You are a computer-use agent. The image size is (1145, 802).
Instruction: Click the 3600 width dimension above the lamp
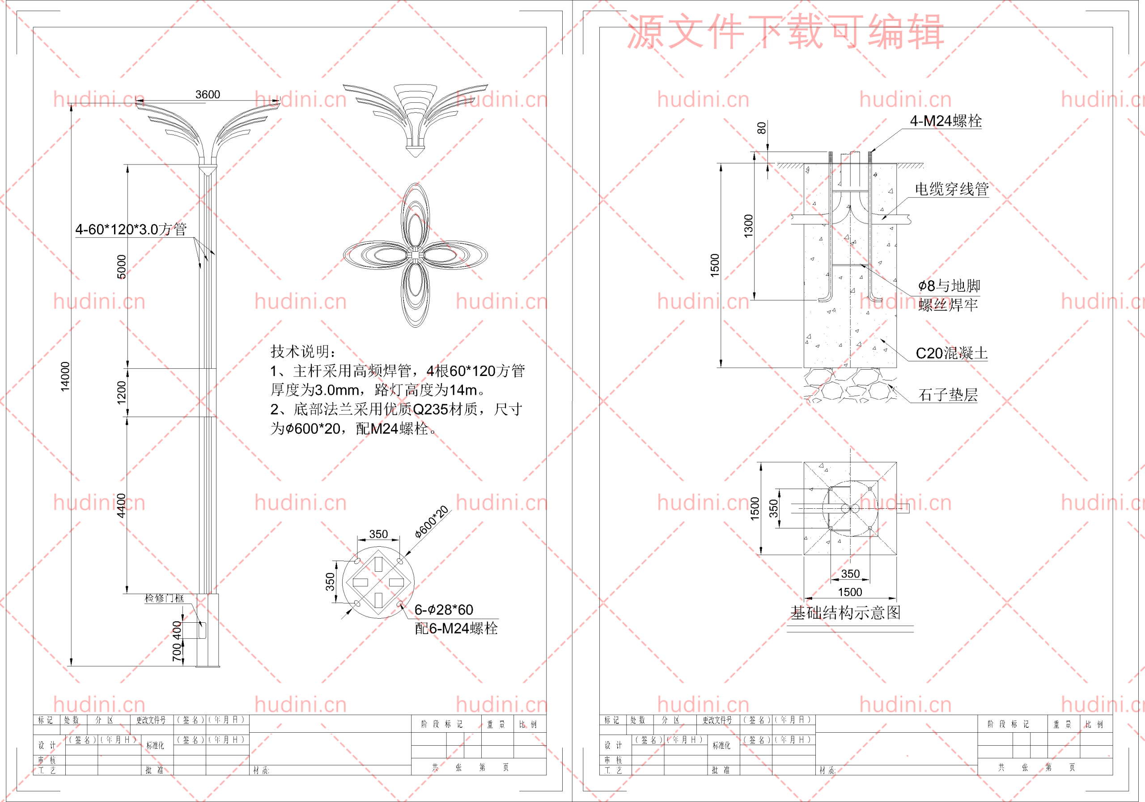208,94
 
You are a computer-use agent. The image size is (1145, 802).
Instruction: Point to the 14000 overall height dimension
65,377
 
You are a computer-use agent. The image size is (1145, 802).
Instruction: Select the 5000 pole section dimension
121,267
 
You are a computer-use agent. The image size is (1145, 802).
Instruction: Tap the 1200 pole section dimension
121,393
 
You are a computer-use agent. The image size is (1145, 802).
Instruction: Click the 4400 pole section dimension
121,506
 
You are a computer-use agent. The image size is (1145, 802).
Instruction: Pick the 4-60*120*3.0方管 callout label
131,229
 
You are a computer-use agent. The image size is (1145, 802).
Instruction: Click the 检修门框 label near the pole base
164,598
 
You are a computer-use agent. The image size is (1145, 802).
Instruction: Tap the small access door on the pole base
202,630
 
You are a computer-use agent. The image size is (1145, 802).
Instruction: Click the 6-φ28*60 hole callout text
444,610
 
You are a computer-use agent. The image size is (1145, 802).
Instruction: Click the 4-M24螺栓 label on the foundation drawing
946,121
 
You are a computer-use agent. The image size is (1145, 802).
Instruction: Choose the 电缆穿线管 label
951,189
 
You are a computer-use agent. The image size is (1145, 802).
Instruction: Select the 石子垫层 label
948,395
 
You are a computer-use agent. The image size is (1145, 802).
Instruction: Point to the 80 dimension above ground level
761,129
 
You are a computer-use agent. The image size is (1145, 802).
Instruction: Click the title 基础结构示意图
846,612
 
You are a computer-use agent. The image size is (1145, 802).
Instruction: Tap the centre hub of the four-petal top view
415,255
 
